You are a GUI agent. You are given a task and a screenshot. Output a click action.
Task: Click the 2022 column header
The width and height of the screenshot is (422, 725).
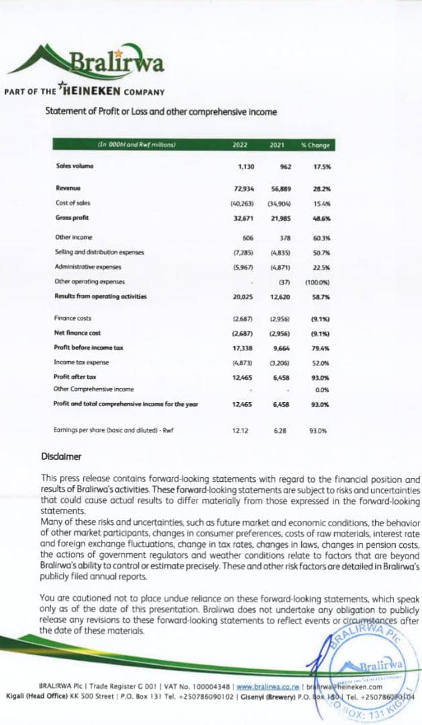point(240,144)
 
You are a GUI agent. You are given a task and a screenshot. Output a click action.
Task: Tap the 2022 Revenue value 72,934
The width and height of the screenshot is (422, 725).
point(244,189)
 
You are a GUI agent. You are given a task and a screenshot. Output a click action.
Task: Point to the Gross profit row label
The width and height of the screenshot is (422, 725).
point(72,217)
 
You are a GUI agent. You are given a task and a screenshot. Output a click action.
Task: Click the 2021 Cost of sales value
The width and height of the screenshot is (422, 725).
point(277,203)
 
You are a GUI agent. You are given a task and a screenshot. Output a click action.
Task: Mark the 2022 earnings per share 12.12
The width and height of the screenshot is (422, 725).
point(240,430)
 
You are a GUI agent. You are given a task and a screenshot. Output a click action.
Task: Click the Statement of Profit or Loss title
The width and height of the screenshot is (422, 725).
point(160,112)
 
